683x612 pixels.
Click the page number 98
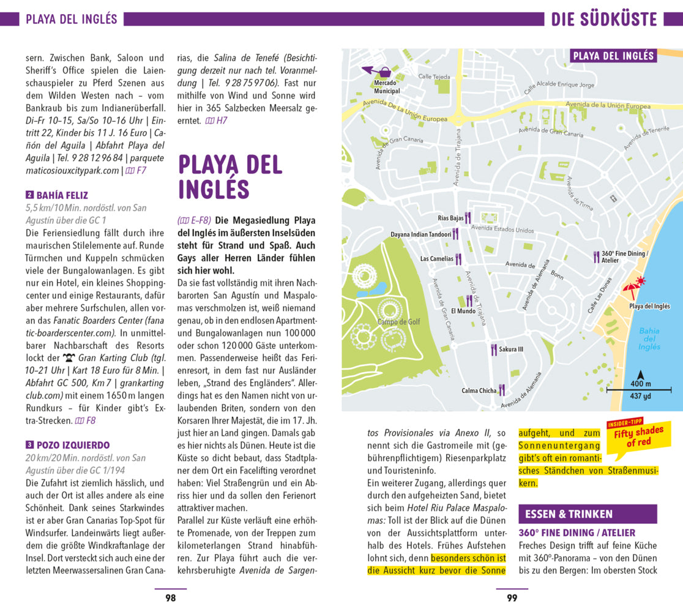[x=171, y=598]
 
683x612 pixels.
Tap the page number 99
[x=512, y=598]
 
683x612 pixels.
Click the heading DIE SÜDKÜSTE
[x=604, y=19]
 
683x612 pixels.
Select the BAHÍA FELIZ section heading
[x=62, y=196]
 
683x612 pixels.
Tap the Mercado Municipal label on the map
[x=387, y=87]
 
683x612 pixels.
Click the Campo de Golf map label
[x=398, y=322]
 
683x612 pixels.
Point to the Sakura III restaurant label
[x=512, y=349]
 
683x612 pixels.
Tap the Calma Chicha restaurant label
[x=479, y=390]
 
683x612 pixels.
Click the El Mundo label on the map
[x=463, y=311]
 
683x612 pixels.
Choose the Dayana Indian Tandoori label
[x=421, y=234]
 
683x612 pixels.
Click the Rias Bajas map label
[x=451, y=218]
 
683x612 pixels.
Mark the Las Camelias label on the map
[x=437, y=259]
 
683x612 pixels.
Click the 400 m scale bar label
[x=641, y=384]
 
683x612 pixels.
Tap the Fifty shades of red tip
[x=639, y=436]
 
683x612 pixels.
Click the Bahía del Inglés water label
[x=649, y=339]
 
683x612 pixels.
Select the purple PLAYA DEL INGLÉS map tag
[x=613, y=56]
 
